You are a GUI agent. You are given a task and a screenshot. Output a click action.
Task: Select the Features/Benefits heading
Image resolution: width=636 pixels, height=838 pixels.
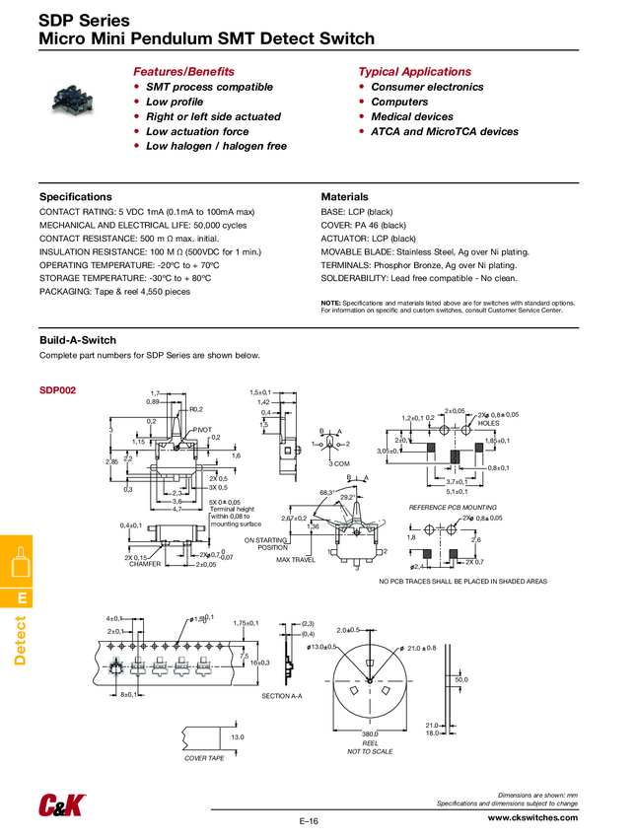[x=183, y=72]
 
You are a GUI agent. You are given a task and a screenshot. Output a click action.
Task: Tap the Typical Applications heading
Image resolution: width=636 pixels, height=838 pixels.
[x=414, y=72]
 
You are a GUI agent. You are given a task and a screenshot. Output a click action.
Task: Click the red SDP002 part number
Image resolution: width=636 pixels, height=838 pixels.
[x=57, y=390]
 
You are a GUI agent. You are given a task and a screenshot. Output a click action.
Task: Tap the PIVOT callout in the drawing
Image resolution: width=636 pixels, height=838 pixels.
[x=202, y=430]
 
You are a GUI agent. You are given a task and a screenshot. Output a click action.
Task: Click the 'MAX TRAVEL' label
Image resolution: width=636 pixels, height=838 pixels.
[x=296, y=559]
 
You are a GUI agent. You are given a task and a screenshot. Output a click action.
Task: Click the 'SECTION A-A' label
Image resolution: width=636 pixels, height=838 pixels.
[x=283, y=696]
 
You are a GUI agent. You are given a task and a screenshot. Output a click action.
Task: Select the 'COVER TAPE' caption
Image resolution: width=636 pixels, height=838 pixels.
[x=204, y=758]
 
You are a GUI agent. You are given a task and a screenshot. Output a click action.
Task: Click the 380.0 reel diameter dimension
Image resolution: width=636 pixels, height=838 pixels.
[x=371, y=733]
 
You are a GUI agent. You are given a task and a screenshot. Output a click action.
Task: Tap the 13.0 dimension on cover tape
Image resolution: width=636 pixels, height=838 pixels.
[x=237, y=736]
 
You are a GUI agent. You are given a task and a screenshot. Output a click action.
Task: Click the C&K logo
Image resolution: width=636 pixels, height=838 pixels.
[x=60, y=804]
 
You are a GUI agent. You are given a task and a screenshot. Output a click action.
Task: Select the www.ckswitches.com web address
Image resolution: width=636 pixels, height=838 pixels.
[x=532, y=818]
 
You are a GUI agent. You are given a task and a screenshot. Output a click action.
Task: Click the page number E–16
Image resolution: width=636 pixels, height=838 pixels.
[x=308, y=821]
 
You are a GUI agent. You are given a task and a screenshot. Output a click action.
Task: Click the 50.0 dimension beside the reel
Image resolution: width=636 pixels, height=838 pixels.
[x=461, y=679]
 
